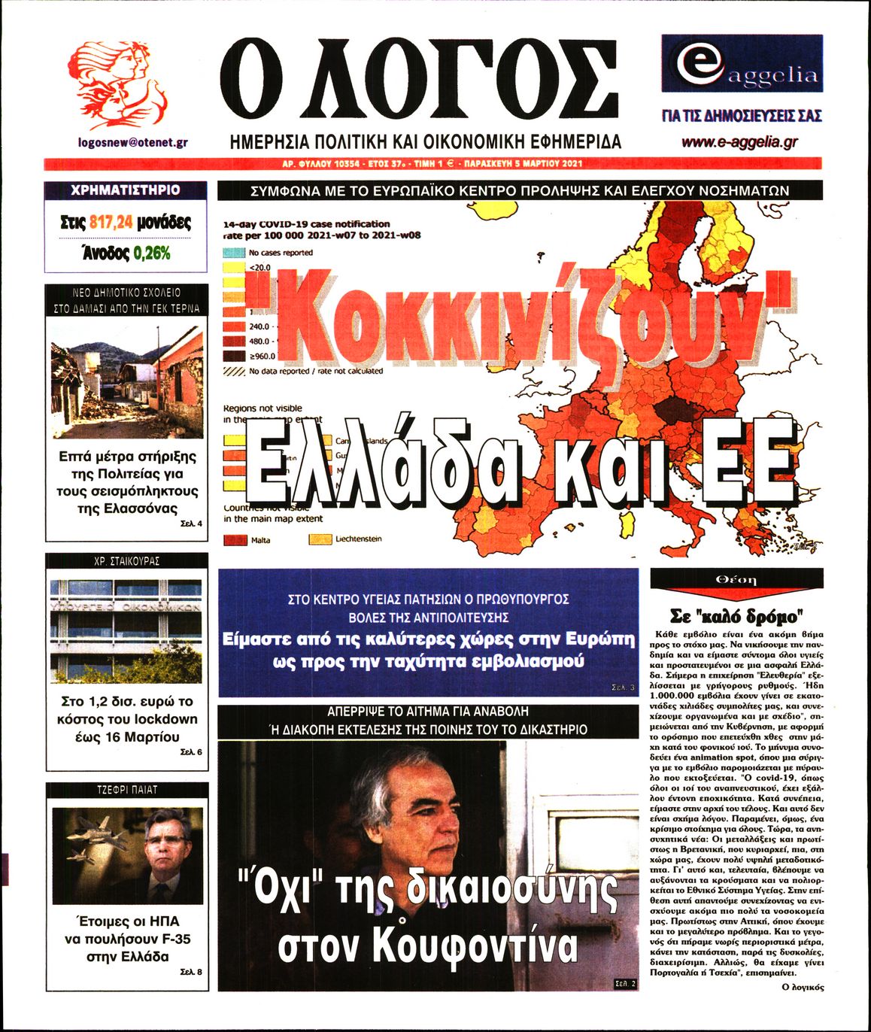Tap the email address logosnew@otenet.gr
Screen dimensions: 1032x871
tap(132, 141)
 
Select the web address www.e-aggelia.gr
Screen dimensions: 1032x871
tap(740, 141)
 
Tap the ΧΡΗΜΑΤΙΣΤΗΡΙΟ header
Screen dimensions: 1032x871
tap(126, 190)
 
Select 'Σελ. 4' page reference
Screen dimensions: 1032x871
tap(191, 524)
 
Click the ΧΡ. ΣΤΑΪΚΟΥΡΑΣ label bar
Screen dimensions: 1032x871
tap(126, 561)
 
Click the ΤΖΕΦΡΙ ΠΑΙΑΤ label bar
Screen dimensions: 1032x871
tap(126, 790)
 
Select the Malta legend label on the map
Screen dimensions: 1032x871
tap(260, 540)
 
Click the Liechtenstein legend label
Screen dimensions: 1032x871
tap(358, 539)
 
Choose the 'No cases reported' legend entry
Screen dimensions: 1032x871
tap(281, 253)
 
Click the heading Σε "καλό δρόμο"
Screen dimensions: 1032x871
tap(736, 616)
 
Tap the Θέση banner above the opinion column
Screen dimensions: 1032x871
tap(736, 579)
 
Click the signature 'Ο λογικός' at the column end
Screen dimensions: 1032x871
tap(803, 987)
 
